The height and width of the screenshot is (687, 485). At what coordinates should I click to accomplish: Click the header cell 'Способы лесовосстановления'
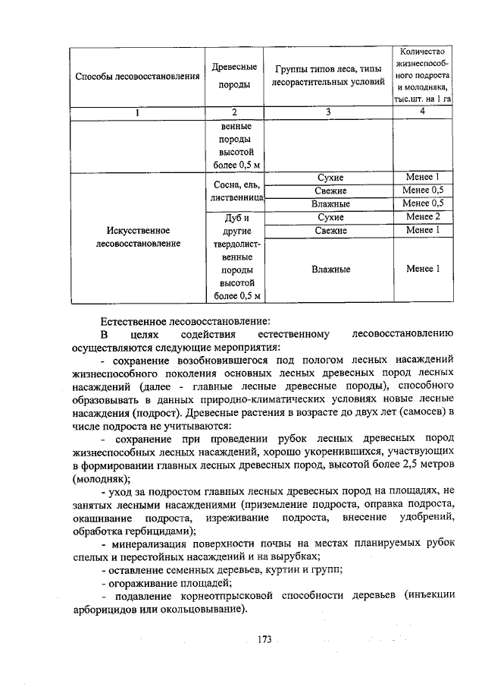136,79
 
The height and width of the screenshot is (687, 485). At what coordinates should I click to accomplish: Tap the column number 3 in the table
328,112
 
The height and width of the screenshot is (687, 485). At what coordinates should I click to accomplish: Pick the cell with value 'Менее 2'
423,217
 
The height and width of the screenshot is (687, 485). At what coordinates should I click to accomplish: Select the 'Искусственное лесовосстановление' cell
136,237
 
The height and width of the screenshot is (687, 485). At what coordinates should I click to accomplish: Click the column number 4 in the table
423,112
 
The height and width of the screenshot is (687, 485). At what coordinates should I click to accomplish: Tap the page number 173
264,640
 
